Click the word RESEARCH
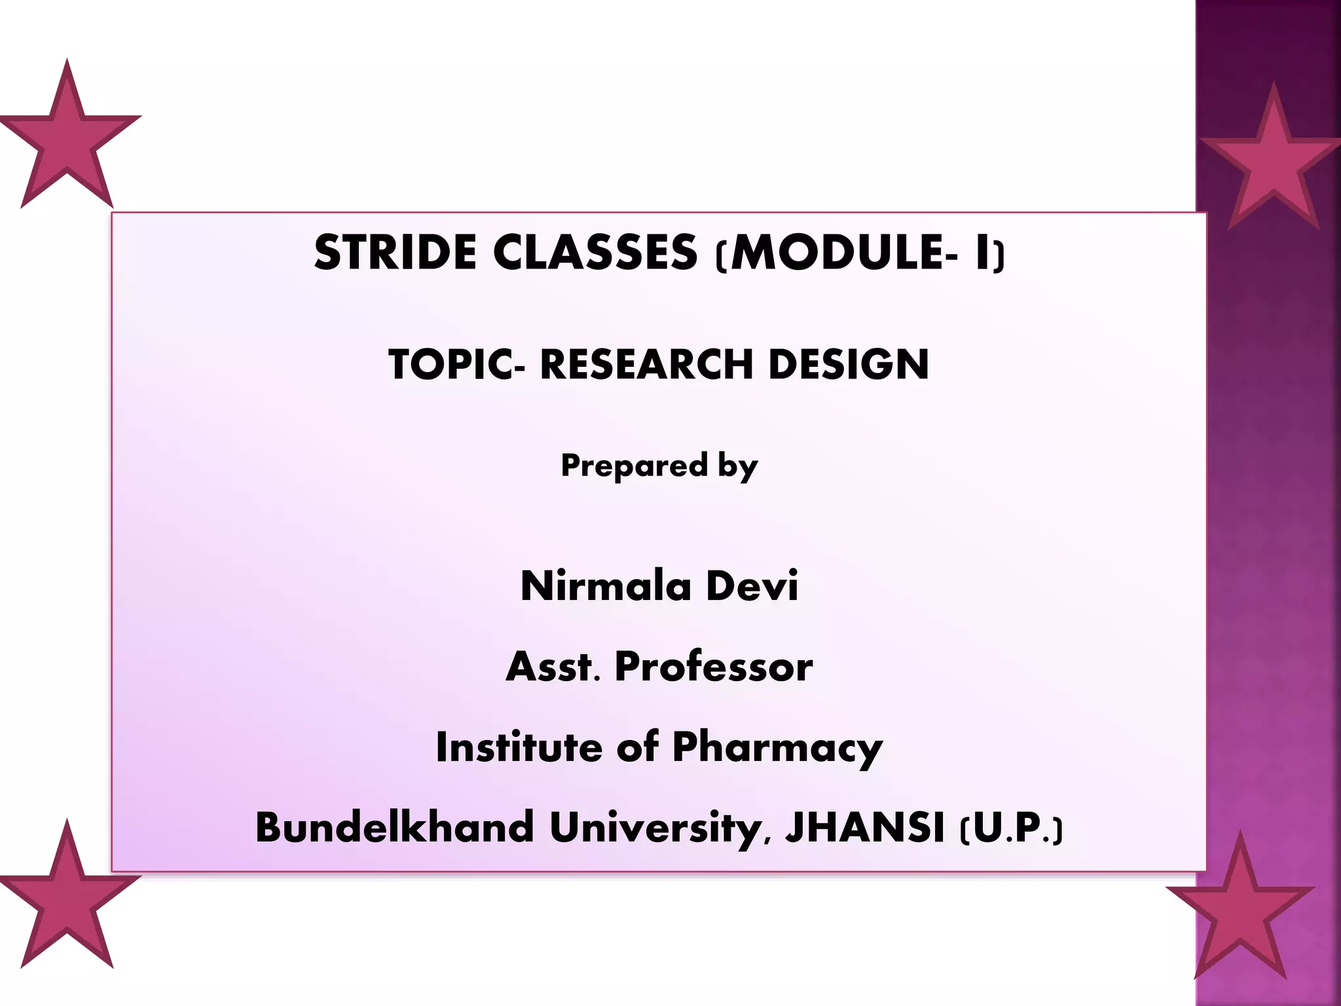pos(646,364)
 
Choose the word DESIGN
pos(849,364)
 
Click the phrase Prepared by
pos(659,466)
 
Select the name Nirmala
pos(606,586)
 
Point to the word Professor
pos(714,667)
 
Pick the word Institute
pos(519,747)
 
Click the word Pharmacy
pos(777,749)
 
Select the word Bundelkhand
pos(394,827)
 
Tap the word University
pos(655,829)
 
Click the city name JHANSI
pos(864,827)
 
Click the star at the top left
pos(67,141)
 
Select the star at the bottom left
pos(67,901)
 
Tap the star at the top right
pos(1272,164)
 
